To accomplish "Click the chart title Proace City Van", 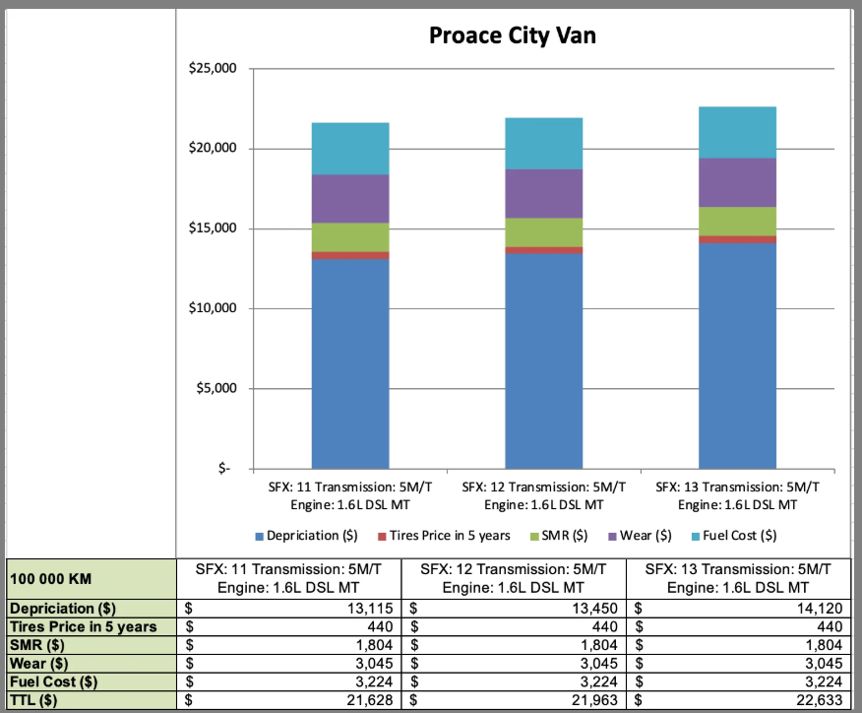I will [x=512, y=36].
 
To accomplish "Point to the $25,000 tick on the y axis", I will [x=213, y=69].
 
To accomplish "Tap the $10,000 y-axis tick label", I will [x=213, y=308].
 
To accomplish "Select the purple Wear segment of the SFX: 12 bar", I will [x=544, y=193].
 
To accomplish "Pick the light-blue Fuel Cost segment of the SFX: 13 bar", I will [x=738, y=132].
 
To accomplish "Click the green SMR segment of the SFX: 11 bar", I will [x=350, y=237].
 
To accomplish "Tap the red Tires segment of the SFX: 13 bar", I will [x=738, y=239].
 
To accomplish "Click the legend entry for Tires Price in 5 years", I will [x=444, y=536].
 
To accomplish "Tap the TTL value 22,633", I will [x=818, y=701].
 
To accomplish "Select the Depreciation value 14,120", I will [x=818, y=609].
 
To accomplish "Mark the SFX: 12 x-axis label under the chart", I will [x=544, y=495].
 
